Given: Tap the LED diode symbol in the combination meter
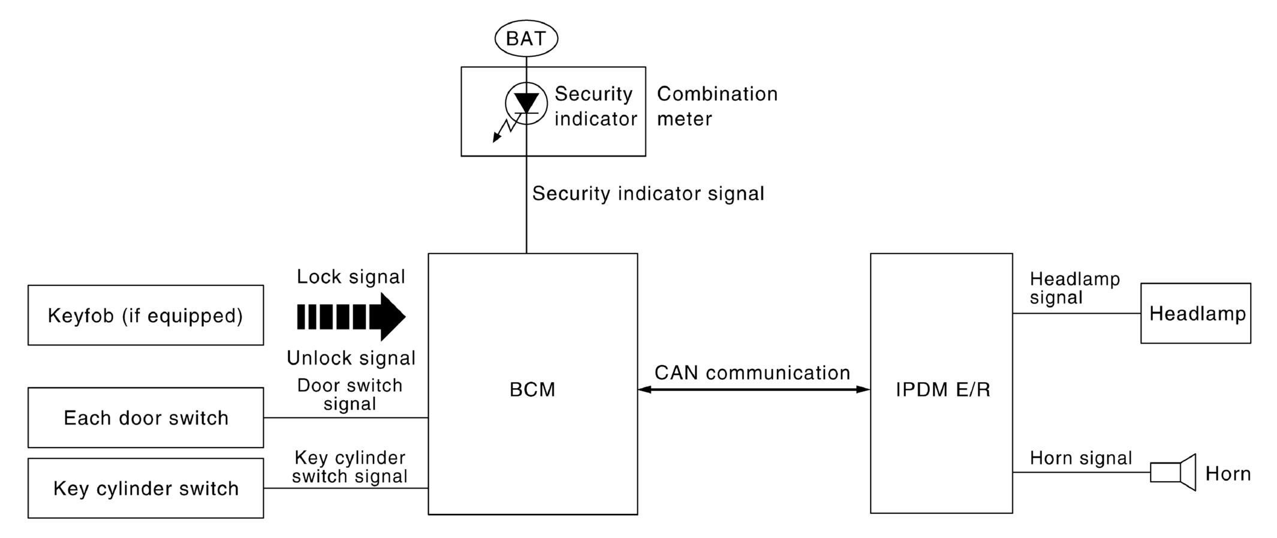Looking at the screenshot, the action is pyautogui.click(x=526, y=104).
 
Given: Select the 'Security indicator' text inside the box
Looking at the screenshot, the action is pyautogui.click(x=595, y=106).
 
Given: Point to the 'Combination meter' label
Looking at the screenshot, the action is pyautogui.click(x=717, y=106).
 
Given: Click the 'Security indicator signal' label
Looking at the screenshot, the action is pyautogui.click(x=648, y=194).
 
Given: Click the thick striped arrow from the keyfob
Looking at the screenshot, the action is pyautogui.click(x=351, y=317).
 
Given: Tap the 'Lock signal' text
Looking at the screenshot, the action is pyautogui.click(x=351, y=276).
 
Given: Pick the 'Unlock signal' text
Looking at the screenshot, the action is pyautogui.click(x=351, y=358).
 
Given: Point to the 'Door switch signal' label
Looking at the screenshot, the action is pyautogui.click(x=350, y=394).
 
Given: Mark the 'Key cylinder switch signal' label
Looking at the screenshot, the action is pyautogui.click(x=350, y=467).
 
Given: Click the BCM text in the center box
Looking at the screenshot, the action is pyautogui.click(x=532, y=390).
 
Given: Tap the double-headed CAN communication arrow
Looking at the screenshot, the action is pyautogui.click(x=754, y=390).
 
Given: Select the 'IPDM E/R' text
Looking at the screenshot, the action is pyautogui.click(x=943, y=390).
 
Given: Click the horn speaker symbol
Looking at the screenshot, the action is pyautogui.click(x=1173, y=473).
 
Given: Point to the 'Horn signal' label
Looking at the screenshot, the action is pyautogui.click(x=1081, y=458).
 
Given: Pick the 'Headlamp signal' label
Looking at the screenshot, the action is pyautogui.click(x=1075, y=288).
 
